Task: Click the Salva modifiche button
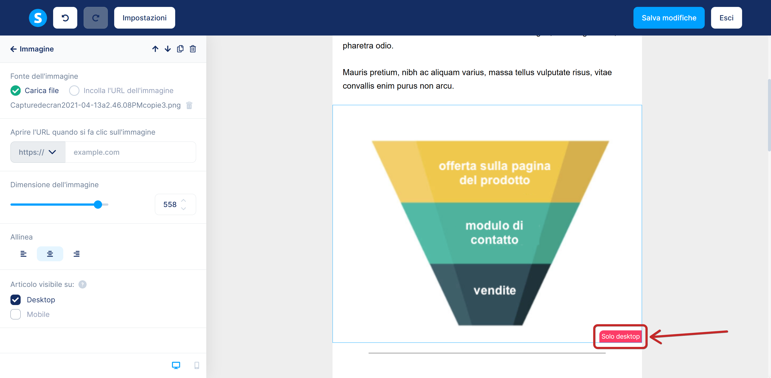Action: (669, 18)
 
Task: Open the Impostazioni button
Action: (145, 18)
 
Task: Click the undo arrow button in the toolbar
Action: (65, 18)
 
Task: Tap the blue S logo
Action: (38, 18)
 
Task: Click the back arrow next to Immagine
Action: (13, 49)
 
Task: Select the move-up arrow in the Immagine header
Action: (155, 49)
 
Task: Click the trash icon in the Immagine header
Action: (193, 49)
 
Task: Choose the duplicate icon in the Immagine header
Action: (180, 49)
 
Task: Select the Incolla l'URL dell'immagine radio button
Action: (74, 91)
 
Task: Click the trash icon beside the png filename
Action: (189, 105)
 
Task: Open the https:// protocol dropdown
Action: (38, 152)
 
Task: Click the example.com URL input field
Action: (130, 152)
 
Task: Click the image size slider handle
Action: (98, 205)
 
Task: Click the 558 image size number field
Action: (175, 205)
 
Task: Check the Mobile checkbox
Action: (16, 314)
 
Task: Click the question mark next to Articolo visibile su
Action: (82, 284)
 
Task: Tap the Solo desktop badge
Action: (621, 336)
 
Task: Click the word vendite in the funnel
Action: (495, 290)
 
